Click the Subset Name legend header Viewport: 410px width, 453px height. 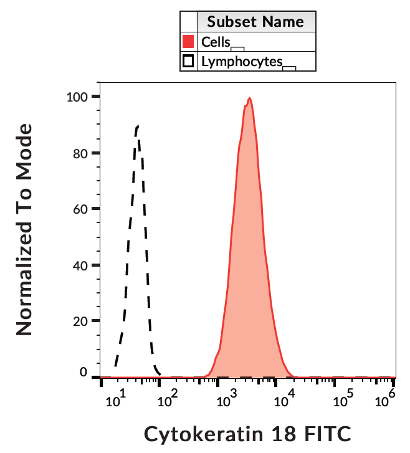255,22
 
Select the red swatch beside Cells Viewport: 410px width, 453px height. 188,42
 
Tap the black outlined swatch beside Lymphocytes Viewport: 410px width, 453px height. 188,61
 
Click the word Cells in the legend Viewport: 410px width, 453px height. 216,42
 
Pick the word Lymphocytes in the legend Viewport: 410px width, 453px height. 242,61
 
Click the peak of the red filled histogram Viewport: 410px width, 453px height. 249,98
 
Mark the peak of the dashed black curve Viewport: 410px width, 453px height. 138,126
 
